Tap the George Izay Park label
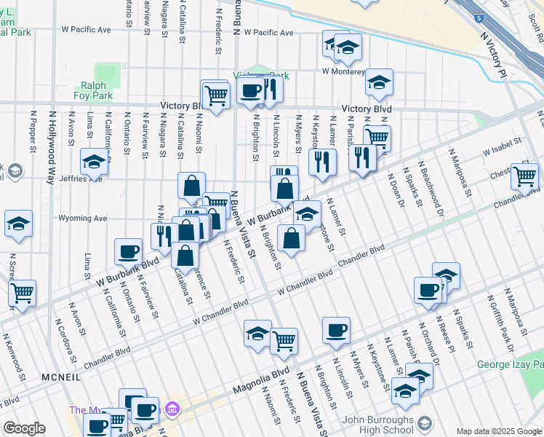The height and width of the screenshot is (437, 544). tap(509, 364)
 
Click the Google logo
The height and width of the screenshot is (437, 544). tap(24, 428)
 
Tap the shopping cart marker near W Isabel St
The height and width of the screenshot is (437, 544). tap(524, 176)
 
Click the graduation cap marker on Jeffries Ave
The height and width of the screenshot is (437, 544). tap(95, 162)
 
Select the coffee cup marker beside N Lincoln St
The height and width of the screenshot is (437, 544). tap(336, 330)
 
